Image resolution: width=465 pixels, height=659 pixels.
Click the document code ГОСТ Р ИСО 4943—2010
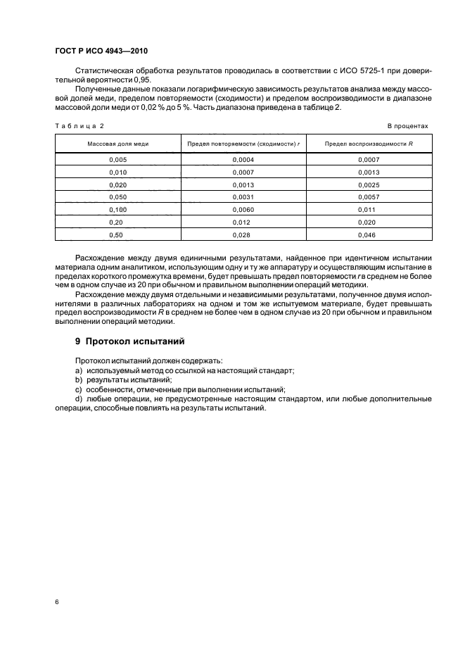(x=101, y=52)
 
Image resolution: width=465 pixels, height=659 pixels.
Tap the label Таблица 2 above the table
(x=79, y=125)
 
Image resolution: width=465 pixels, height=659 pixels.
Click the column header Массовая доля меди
(x=117, y=144)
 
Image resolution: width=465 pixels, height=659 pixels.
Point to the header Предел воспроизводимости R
(x=368, y=144)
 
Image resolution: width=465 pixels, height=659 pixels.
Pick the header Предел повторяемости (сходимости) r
(x=242, y=144)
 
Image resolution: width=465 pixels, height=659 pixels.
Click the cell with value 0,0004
(x=242, y=159)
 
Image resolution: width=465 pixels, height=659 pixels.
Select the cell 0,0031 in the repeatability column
(x=242, y=197)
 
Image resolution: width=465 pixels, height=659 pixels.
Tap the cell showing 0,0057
(x=368, y=197)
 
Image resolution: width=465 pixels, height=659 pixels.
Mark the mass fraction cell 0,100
(x=117, y=210)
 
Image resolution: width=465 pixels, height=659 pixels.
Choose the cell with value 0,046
(x=368, y=234)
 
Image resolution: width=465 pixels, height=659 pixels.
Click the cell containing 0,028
(x=242, y=234)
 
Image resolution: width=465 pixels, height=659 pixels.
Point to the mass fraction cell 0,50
(x=117, y=234)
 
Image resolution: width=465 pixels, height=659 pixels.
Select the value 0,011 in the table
(x=368, y=210)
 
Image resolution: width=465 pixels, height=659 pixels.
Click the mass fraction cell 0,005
(x=117, y=159)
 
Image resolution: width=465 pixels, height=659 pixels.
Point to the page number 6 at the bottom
(x=57, y=603)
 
